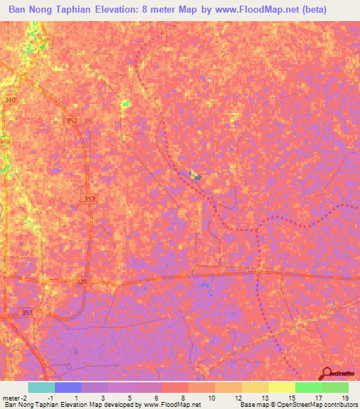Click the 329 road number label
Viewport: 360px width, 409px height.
pos(82,281)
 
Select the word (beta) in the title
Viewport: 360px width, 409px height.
pos(334,11)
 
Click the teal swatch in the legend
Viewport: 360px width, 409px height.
pos(41,387)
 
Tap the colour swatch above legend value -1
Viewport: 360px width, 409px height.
pos(68,387)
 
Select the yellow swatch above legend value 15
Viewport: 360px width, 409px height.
pos(282,387)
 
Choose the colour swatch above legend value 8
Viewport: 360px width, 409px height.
pos(175,387)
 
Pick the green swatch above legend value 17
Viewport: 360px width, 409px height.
pos(309,387)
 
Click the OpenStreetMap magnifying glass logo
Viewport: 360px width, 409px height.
pos(328,374)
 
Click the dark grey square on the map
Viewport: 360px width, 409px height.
pos(198,177)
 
